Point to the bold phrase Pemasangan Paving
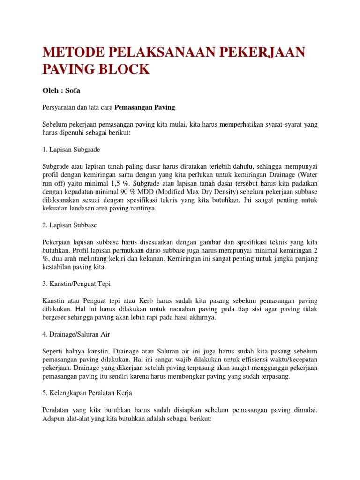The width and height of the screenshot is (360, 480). [x=145, y=108]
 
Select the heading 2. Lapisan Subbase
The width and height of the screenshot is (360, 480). [x=69, y=225]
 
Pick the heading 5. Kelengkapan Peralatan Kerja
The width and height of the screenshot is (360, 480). [x=90, y=392]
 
